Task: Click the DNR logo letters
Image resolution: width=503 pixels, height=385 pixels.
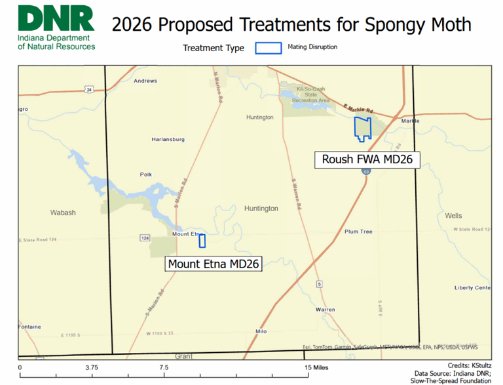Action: click(56, 19)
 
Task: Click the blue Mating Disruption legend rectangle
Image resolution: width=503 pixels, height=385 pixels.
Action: click(269, 48)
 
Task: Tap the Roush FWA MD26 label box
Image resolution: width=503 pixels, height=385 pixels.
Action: click(367, 159)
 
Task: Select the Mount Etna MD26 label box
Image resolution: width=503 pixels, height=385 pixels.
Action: click(214, 264)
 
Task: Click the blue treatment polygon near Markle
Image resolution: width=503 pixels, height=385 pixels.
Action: click(362, 129)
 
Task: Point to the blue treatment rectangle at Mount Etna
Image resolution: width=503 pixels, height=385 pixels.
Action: click(202, 241)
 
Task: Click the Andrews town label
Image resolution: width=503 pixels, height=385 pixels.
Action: click(145, 81)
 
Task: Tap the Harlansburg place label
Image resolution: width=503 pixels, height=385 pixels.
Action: click(168, 139)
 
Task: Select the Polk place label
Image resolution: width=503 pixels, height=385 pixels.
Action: click(145, 174)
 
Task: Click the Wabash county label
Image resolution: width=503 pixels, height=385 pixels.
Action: click(64, 213)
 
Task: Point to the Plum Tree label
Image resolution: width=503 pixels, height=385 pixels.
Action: click(358, 232)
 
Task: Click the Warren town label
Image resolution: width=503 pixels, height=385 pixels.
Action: click(326, 309)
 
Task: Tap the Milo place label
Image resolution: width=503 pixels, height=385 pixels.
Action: click(261, 331)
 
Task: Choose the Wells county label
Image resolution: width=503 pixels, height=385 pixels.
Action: click(453, 215)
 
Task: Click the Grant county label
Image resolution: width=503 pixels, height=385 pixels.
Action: click(183, 356)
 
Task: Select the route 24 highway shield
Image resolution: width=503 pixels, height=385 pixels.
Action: click(88, 89)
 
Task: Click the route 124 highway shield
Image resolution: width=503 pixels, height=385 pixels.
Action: click(145, 237)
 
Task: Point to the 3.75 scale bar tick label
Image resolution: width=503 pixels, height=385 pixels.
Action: click(91, 367)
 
